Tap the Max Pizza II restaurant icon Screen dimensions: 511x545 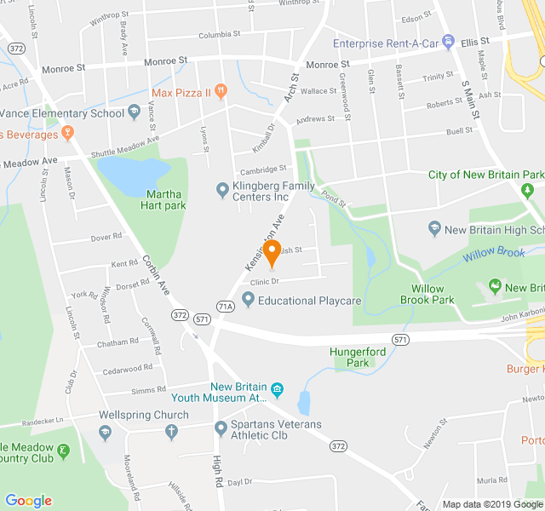point(221,91)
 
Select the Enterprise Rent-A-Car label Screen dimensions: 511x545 point(385,43)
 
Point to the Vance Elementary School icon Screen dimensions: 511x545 point(135,112)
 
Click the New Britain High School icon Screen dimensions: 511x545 point(435,229)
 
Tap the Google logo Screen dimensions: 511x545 point(29,500)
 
